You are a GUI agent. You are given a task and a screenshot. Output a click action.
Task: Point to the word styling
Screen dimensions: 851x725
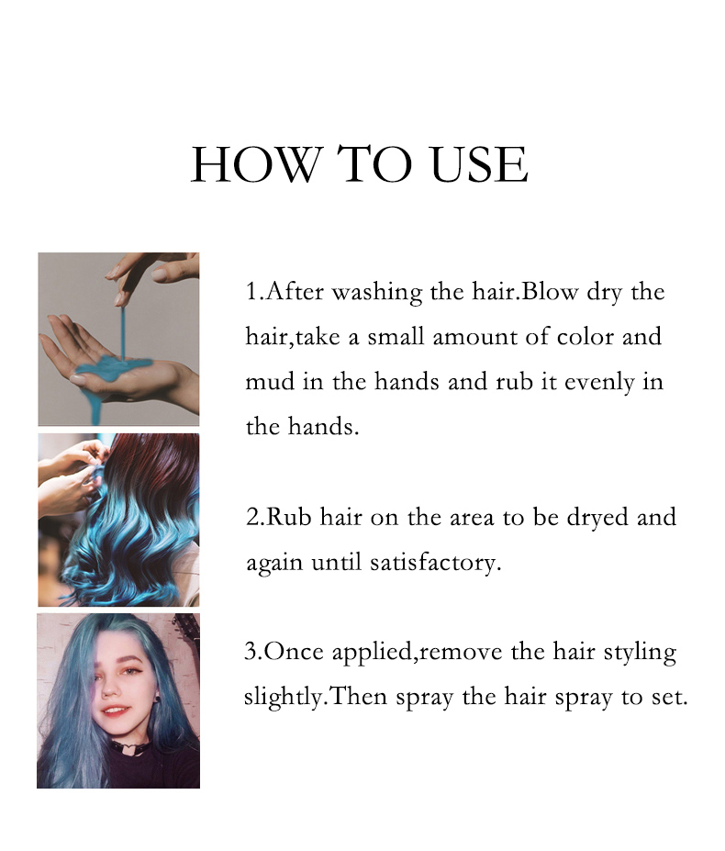click(637, 653)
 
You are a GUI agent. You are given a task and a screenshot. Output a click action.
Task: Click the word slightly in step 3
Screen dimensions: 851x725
click(282, 698)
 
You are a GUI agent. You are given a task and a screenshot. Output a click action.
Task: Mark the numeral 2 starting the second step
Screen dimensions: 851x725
click(252, 517)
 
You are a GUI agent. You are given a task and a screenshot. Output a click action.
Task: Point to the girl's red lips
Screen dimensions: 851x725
click(116, 711)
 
